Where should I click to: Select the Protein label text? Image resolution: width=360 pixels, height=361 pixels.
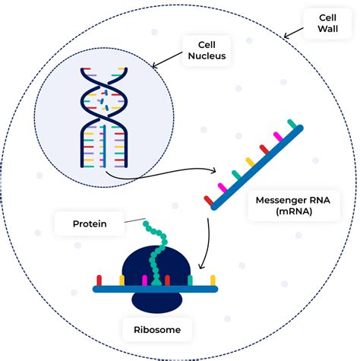click(90, 223)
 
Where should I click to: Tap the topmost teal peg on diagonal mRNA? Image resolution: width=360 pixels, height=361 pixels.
click(291, 122)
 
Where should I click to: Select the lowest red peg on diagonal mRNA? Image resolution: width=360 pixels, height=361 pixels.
click(207, 199)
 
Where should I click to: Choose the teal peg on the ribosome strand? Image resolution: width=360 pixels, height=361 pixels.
click(191, 280)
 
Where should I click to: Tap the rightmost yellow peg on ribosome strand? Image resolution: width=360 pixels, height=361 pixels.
click(213, 280)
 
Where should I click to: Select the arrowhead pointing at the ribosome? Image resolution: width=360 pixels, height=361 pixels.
click(201, 268)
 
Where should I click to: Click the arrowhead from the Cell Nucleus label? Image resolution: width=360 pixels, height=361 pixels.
click(154, 65)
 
